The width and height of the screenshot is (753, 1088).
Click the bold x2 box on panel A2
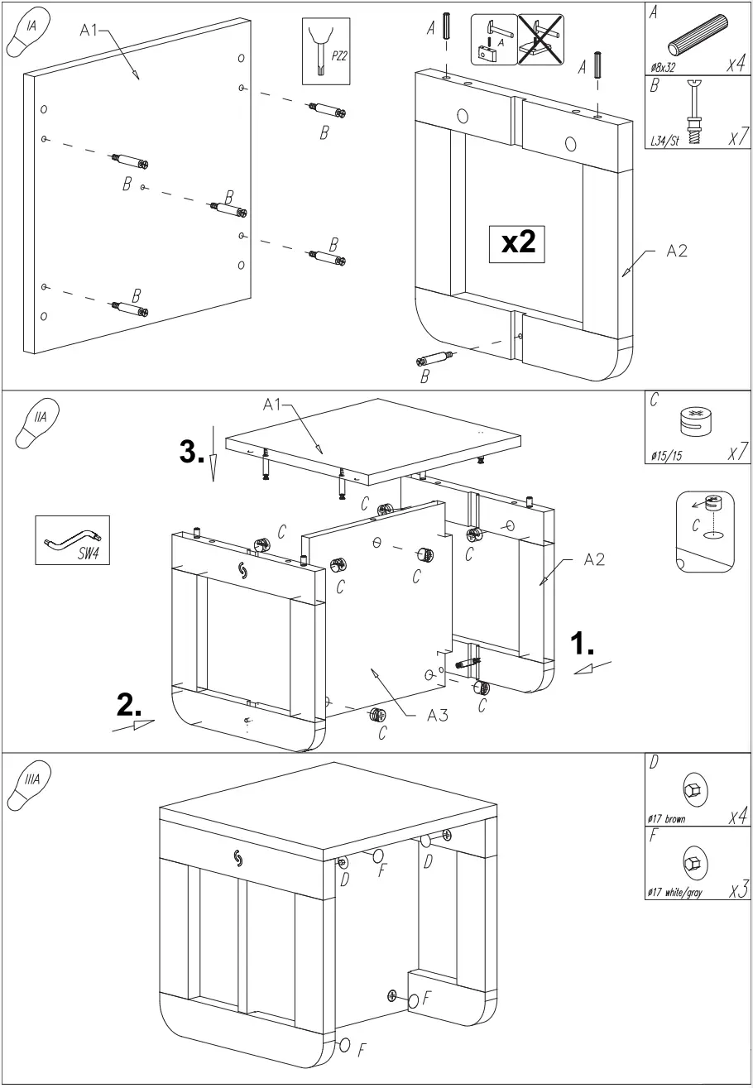(x=517, y=243)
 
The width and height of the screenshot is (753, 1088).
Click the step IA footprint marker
(x=27, y=36)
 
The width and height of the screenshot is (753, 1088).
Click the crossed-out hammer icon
(x=540, y=38)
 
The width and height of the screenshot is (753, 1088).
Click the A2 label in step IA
(x=677, y=253)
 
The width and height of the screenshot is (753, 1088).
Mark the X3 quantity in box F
(x=732, y=891)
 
